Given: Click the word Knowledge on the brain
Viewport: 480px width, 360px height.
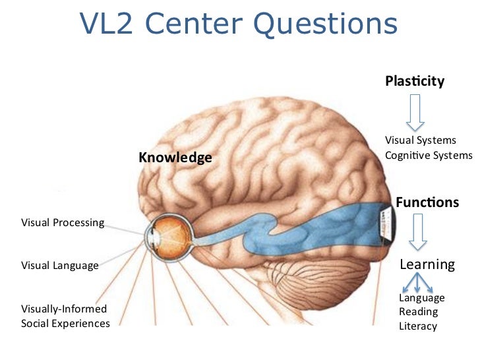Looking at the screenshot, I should pyautogui.click(x=175, y=158).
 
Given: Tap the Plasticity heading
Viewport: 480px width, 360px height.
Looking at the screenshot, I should pyautogui.click(x=415, y=81).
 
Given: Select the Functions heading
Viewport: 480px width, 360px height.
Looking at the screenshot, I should pyautogui.click(x=427, y=202).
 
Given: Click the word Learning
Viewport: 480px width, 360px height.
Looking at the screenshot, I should pyautogui.click(x=427, y=264).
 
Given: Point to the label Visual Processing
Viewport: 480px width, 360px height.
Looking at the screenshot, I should pyautogui.click(x=63, y=222).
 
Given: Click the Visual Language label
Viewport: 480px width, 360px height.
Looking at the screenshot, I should pyautogui.click(x=60, y=266).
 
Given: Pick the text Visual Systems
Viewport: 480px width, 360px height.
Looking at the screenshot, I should pyautogui.click(x=421, y=140).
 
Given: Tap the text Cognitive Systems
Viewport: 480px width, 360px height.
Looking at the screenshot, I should pyautogui.click(x=429, y=156).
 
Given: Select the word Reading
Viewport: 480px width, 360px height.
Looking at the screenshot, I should pyautogui.click(x=418, y=312).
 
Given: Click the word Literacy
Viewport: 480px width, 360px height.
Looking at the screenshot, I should pyautogui.click(x=418, y=326).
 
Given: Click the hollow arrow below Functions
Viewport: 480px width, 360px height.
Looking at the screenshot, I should pyautogui.click(x=419, y=234).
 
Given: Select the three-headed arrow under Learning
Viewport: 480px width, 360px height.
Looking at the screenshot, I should pyautogui.click(x=417, y=284).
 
